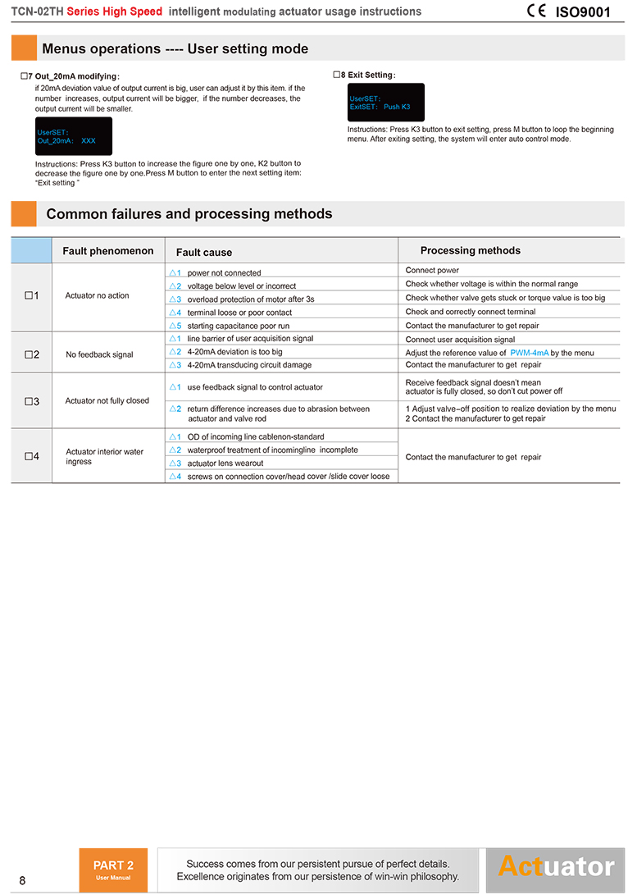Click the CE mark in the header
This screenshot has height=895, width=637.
(x=537, y=11)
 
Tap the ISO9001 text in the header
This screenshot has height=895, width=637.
(x=583, y=12)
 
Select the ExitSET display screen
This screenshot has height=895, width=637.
(x=386, y=103)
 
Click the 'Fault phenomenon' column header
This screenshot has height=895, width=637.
(x=108, y=251)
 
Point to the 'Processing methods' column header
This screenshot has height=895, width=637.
(x=470, y=250)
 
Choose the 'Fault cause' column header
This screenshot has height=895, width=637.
(x=204, y=253)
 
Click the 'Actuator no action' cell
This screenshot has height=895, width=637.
(x=97, y=295)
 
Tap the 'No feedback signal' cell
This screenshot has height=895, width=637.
(x=99, y=354)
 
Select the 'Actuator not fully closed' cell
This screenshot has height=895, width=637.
(x=107, y=401)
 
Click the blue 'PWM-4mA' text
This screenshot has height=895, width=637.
(x=530, y=353)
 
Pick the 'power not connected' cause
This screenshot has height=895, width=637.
(x=224, y=273)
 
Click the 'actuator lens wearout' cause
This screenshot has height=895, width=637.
(x=225, y=463)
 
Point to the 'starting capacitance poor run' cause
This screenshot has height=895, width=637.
(x=238, y=326)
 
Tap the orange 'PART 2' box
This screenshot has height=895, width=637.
(x=113, y=870)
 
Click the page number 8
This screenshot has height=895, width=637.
(x=22, y=881)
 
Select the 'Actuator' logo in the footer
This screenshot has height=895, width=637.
(x=556, y=867)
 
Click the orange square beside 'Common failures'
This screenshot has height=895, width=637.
(x=24, y=214)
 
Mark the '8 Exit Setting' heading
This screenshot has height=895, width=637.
(x=368, y=75)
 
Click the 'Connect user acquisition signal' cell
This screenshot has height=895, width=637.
(x=460, y=340)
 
